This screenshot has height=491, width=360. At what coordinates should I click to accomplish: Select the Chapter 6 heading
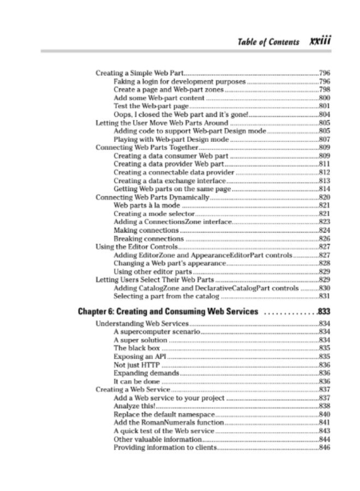tap(168, 312)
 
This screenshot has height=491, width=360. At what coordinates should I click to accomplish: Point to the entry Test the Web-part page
tap(143, 106)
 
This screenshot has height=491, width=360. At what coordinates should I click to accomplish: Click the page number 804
tap(325, 115)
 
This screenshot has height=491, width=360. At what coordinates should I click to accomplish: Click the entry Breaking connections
tap(148, 238)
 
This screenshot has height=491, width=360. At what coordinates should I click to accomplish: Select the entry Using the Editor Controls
tap(139, 247)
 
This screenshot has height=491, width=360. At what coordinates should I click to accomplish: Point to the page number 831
tap(325, 296)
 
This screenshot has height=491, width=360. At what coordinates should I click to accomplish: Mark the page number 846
tap(325, 448)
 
